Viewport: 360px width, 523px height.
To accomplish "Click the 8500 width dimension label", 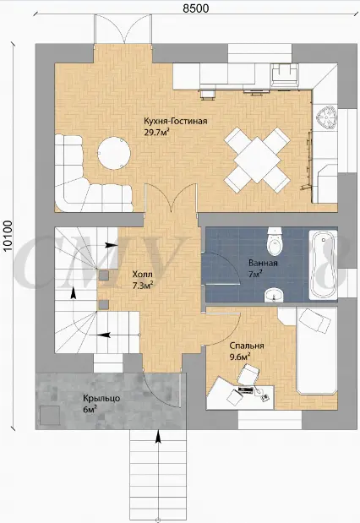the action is point(196,8).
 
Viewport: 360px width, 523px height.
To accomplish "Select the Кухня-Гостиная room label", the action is point(176,121).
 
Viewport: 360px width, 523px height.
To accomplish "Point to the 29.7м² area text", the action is point(155,133).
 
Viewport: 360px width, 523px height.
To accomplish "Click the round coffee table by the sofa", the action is point(114,153).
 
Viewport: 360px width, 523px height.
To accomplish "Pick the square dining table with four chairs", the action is point(257,160).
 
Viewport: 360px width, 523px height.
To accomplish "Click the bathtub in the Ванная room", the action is point(323,264).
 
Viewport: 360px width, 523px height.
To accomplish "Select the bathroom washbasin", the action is point(274,295).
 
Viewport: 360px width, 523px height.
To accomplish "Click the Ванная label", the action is point(263,263).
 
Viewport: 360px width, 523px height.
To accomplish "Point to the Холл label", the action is point(143,275).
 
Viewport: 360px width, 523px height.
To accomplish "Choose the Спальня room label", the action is point(247,346).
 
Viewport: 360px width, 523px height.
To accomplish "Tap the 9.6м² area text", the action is point(240,357).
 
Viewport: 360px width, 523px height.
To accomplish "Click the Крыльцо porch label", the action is point(101,398).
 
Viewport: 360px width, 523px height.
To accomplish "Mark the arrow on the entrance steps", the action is point(158,437).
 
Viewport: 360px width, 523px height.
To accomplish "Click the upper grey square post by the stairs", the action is point(103,275).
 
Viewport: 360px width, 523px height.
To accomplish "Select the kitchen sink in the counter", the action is point(285,74).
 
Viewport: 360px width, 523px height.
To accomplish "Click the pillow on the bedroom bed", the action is point(314,321).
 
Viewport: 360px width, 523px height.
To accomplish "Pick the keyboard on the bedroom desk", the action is point(246,390).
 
